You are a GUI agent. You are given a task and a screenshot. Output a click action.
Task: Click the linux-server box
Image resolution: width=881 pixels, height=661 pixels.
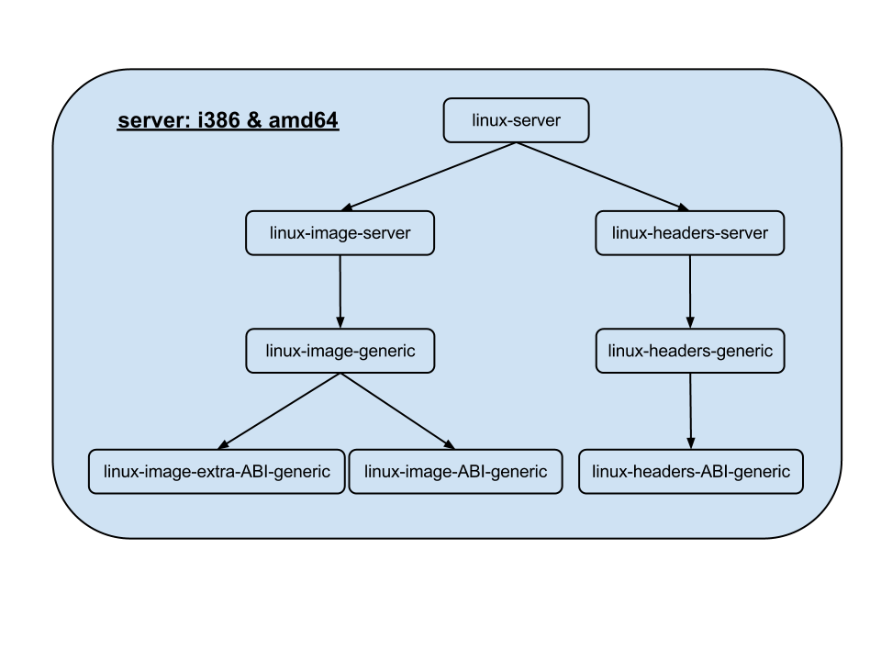(x=516, y=120)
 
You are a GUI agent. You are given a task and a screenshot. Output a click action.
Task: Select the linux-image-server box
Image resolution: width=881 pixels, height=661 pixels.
(x=340, y=233)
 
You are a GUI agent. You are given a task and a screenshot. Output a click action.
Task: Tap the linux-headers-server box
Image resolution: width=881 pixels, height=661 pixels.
(x=690, y=233)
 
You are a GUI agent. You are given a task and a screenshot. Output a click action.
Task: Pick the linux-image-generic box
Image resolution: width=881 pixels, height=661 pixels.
(x=340, y=351)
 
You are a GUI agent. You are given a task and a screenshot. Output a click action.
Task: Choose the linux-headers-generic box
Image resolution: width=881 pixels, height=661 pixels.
(x=690, y=351)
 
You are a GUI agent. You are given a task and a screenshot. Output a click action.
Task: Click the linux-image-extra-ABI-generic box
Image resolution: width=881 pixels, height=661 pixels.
(x=217, y=472)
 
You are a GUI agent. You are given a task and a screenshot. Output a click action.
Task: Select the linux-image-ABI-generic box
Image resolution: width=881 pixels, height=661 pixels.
(x=455, y=472)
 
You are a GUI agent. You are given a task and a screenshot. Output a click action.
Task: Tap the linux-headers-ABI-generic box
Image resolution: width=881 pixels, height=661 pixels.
(x=691, y=472)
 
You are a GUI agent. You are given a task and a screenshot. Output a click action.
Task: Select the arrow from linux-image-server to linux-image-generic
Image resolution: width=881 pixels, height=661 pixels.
(x=340, y=291)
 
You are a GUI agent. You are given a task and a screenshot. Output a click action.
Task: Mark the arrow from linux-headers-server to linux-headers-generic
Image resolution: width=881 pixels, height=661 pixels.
(x=690, y=291)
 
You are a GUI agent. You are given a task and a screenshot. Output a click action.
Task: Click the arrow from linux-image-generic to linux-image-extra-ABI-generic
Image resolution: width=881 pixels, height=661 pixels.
(x=280, y=410)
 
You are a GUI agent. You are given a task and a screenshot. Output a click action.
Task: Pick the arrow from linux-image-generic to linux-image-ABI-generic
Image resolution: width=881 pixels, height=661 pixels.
(x=398, y=410)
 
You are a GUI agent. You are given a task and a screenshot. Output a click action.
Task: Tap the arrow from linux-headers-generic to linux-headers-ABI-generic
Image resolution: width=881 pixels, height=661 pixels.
(x=691, y=410)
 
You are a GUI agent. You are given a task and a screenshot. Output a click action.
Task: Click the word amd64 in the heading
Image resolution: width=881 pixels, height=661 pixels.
(x=304, y=121)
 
